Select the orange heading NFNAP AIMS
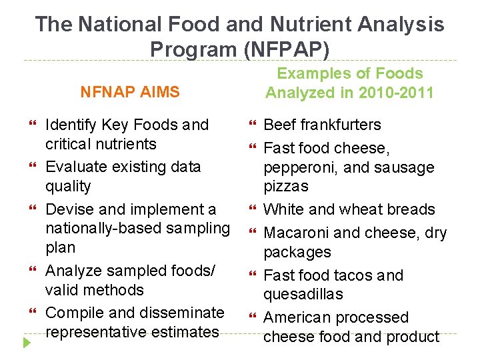(x=130, y=92)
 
